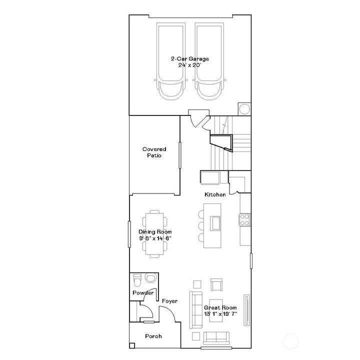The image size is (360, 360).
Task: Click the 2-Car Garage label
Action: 189,59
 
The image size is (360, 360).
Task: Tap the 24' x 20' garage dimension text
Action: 189,65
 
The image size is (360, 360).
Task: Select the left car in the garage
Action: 171,62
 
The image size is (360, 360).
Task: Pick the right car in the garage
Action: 208,62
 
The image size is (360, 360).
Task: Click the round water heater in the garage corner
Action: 244,109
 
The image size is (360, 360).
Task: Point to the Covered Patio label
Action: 154,152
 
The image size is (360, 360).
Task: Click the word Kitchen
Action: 215,194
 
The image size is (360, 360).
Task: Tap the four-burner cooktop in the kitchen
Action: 245,219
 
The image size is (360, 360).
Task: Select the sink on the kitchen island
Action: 216,221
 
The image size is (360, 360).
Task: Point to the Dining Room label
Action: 155,235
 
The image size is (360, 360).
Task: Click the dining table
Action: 154,234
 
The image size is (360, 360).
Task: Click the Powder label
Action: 142,293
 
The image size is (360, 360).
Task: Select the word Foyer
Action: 170,301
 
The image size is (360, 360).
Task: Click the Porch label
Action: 153,336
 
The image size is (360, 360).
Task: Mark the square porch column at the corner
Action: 132,345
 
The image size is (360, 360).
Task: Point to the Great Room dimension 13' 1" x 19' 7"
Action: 220,314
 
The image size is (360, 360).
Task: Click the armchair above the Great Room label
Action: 216,285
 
